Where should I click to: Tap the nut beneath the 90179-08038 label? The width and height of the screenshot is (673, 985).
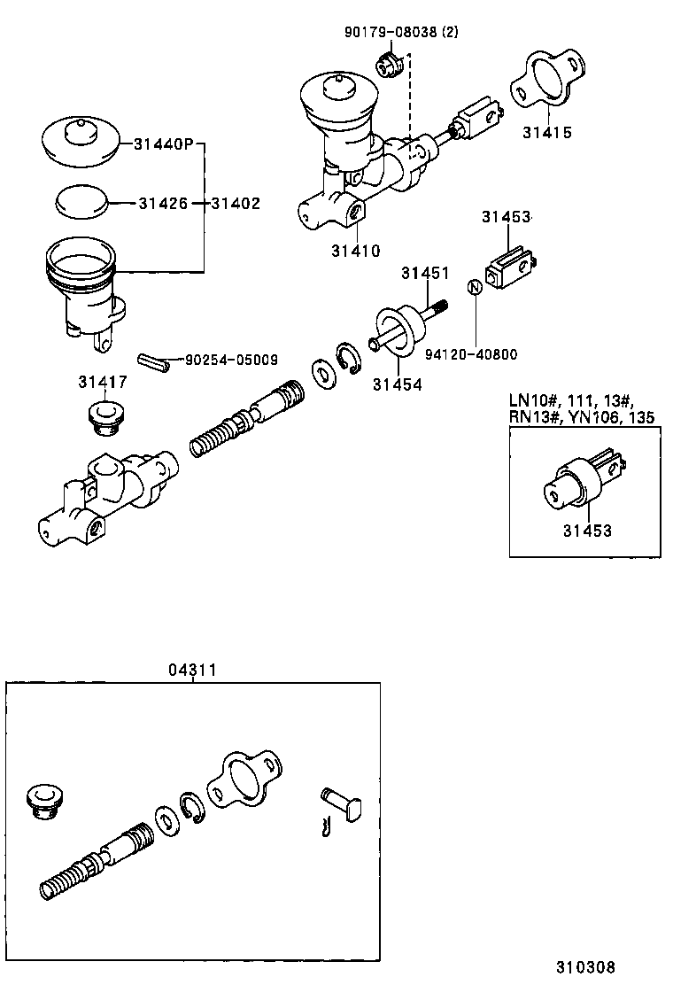pyautogui.click(x=391, y=65)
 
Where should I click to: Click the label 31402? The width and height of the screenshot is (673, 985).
pyautogui.click(x=236, y=204)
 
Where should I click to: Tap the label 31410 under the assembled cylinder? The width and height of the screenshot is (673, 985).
pyautogui.click(x=356, y=251)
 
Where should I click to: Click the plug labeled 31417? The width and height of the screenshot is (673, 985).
pyautogui.click(x=104, y=415)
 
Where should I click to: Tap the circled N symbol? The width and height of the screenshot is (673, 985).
pyautogui.click(x=474, y=287)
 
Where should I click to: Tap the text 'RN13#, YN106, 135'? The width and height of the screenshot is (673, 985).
pyautogui.click(x=582, y=419)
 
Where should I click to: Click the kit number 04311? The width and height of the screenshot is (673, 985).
pyautogui.click(x=192, y=671)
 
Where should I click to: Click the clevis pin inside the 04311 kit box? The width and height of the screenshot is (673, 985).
pyautogui.click(x=340, y=803)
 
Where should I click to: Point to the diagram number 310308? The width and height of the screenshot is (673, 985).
pyautogui.click(x=585, y=966)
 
